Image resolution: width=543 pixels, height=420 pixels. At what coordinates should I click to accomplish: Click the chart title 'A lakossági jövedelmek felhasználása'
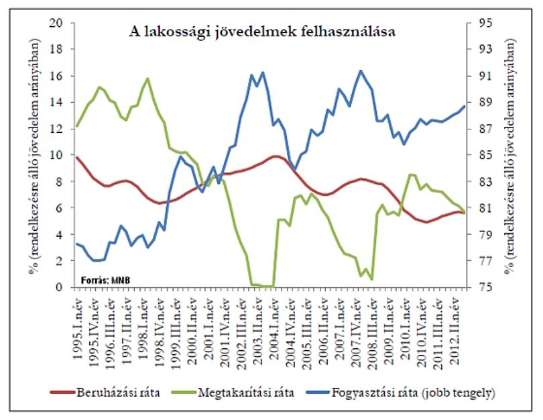[262, 32]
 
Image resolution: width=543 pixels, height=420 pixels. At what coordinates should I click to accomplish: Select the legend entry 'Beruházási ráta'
[105, 392]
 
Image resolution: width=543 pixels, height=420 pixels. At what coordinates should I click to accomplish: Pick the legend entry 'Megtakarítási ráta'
[233, 392]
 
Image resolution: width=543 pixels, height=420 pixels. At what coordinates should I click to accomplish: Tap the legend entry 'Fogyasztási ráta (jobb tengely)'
[401, 393]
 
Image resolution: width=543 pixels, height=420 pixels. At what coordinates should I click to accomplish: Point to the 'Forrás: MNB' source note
[106, 280]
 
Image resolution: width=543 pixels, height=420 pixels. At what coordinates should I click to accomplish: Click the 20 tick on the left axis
[56, 23]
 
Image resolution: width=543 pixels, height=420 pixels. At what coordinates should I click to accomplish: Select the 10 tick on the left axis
[56, 155]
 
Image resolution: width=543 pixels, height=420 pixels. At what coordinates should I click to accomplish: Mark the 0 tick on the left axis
[60, 287]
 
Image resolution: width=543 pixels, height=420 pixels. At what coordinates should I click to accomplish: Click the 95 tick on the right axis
[485, 23]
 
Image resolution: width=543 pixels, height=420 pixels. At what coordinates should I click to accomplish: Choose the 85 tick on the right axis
[485, 155]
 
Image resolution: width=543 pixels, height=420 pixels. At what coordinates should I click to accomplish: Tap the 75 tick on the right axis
[485, 287]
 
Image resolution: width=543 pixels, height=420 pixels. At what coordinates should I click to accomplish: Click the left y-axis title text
[35, 155]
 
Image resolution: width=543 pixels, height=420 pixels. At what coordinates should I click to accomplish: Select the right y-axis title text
[509, 155]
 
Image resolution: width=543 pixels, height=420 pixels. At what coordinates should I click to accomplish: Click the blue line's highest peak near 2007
[361, 71]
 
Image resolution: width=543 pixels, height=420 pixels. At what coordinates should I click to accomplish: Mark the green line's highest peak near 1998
[148, 78]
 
